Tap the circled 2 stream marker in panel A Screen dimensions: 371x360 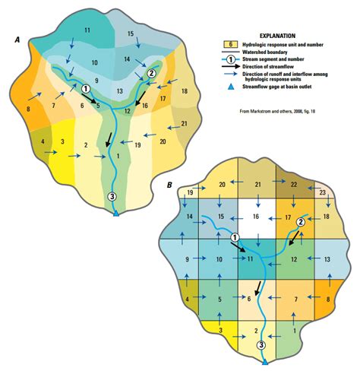pyautogui.click(x=151, y=73)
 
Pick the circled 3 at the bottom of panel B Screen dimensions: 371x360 pyautogui.click(x=261, y=345)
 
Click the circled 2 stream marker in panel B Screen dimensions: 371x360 pyautogui.click(x=300, y=222)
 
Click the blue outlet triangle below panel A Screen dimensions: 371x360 pyautogui.click(x=115, y=215)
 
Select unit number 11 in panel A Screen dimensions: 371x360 pyautogui.click(x=87, y=30)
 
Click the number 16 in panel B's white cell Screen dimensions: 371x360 pyautogui.click(x=255, y=217)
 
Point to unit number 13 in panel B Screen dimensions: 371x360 pyautogui.click(x=327, y=259)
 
